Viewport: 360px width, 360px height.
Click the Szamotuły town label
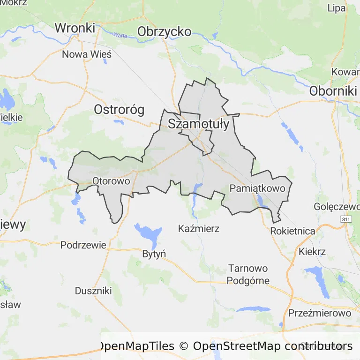click(198, 124)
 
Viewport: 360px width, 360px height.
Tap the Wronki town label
click(75, 28)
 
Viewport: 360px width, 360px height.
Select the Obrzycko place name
click(164, 31)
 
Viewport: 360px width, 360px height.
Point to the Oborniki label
click(333, 90)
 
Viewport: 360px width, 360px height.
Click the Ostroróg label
click(119, 110)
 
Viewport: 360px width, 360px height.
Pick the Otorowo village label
click(111, 180)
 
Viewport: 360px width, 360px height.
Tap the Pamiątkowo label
click(258, 188)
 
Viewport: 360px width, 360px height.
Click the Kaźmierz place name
click(199, 229)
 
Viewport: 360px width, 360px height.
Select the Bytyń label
click(154, 254)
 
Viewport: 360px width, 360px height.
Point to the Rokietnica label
click(292, 231)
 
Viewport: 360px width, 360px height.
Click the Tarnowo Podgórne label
click(248, 275)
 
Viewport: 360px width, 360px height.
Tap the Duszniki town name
click(93, 291)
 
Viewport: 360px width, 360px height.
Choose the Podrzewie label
click(83, 245)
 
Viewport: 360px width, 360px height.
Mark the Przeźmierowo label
click(320, 313)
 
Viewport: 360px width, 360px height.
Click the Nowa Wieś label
click(87, 54)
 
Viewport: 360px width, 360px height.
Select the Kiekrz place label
click(312, 252)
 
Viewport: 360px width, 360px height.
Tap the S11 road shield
click(346, 219)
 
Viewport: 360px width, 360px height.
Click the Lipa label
click(337, 7)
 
